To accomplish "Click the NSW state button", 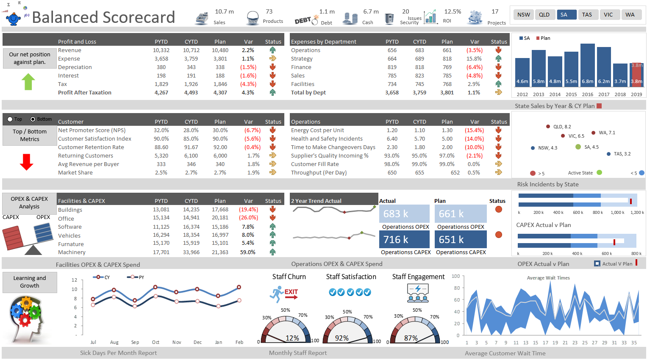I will coord(524,15).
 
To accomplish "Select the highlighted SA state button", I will coord(566,15).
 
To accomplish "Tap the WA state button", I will coord(630,15).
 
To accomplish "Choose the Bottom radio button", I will coord(33,119).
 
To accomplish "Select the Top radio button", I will coord(10,119).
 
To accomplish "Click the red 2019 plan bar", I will coord(636,75).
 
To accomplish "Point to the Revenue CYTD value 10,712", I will coord(191,50).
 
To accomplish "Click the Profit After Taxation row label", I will coord(85,93).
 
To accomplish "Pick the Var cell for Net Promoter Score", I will coord(252,130).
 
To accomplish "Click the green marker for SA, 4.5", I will coord(578,147).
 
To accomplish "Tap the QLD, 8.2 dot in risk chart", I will coord(548,127).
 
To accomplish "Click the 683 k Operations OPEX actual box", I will coord(404,214).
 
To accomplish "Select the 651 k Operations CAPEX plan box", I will coord(460,239).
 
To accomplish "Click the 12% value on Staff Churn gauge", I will coord(292,338).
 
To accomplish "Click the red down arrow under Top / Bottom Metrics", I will coord(27,162).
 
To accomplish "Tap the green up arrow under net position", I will coord(28,82).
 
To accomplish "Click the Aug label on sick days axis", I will coord(114,342).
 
